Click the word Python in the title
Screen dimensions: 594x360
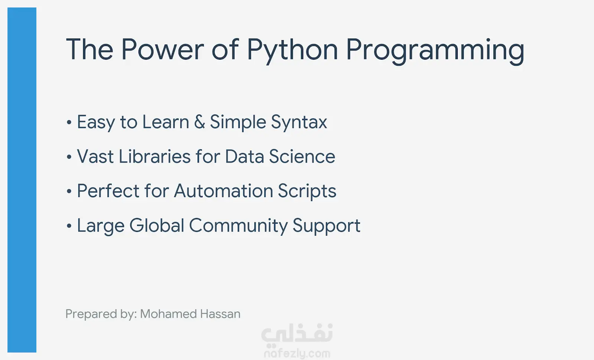[x=293, y=50]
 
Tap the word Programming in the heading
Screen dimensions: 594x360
[x=435, y=50]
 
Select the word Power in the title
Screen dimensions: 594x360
[x=163, y=49]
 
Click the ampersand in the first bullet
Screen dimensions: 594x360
[x=199, y=122]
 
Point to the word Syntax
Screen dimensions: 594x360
[x=299, y=123]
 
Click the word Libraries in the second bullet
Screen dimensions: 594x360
[x=154, y=156]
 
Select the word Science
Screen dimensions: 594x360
[x=302, y=156]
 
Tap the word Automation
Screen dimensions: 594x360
[x=223, y=191]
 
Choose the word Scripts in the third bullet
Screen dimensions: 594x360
[x=307, y=192]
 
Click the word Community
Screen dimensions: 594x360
[x=238, y=226]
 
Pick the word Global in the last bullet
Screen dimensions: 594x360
[x=157, y=225]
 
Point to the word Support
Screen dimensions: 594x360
[x=326, y=226]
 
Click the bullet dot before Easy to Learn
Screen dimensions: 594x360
[x=69, y=122]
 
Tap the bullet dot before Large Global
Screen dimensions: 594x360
[x=69, y=226]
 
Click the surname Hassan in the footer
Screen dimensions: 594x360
[x=221, y=314]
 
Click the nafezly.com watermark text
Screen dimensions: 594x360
[x=297, y=354]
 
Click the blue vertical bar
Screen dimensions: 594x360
[x=22, y=180]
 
